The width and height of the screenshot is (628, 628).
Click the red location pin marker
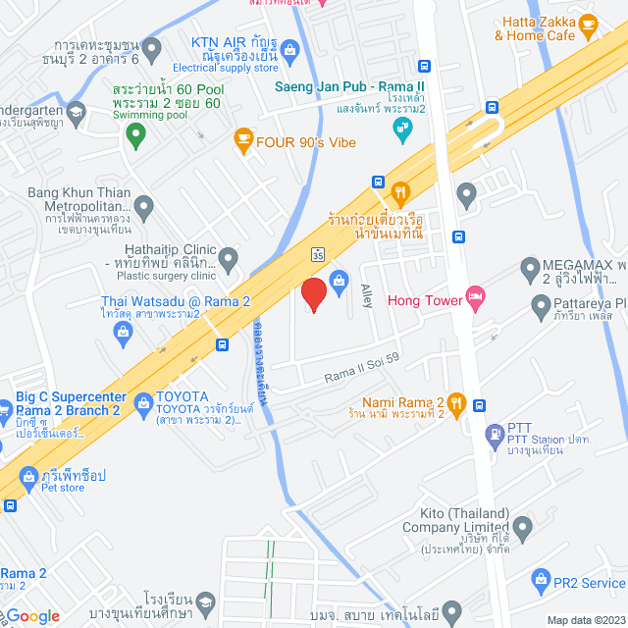313,295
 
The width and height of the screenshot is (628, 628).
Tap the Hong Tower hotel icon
476,299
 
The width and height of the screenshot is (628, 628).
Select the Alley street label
367,295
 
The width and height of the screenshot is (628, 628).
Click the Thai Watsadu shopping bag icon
123,334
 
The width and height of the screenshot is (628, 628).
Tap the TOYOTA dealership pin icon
143,401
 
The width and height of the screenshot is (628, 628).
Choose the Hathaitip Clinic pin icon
229,261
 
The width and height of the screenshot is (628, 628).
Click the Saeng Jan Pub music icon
401,129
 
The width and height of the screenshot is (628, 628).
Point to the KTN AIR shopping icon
289,49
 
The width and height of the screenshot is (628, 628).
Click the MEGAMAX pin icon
530,266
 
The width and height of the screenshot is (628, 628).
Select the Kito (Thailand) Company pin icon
523,531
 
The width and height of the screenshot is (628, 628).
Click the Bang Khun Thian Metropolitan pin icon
144,207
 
